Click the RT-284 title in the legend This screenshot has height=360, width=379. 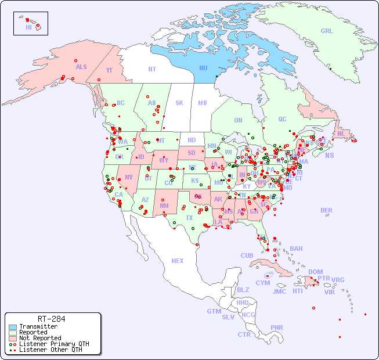(x=51, y=319)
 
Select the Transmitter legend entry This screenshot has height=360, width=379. (x=38, y=326)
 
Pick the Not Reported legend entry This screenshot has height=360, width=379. (x=39, y=338)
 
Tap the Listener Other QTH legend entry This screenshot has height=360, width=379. (x=50, y=350)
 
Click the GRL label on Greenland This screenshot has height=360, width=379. (x=327, y=31)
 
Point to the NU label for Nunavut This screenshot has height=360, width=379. (x=203, y=68)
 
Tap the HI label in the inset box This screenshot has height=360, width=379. (x=28, y=27)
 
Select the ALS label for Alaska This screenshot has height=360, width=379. (x=81, y=67)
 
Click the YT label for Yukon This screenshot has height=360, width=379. (x=109, y=70)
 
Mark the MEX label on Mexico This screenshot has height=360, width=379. (x=178, y=261)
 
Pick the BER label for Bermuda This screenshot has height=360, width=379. (x=326, y=210)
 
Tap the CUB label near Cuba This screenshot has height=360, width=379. (x=247, y=255)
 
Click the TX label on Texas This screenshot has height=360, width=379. (x=189, y=218)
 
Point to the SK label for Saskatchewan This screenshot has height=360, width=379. (x=179, y=103)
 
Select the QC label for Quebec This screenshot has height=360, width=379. (x=282, y=119)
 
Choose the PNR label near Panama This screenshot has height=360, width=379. (x=277, y=327)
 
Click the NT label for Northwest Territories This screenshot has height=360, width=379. (x=151, y=69)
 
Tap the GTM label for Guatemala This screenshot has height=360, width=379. (x=214, y=311)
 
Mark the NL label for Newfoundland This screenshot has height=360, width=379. (x=341, y=134)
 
